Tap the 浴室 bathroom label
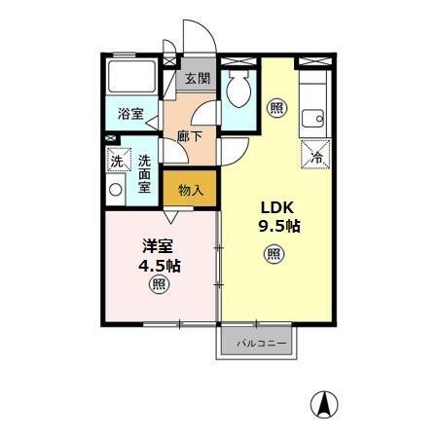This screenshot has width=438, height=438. pyautogui.click(x=130, y=114)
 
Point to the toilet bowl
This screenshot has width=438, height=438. pyautogui.click(x=237, y=92)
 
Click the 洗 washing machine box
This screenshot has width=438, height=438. pyautogui.click(x=117, y=162)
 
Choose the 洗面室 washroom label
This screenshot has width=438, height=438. pyautogui.click(x=144, y=173)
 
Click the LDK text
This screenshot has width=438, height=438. pyautogui.click(x=275, y=207)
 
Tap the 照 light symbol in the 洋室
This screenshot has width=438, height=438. pyautogui.click(x=158, y=285)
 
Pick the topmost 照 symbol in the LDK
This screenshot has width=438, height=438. pyautogui.click(x=277, y=108)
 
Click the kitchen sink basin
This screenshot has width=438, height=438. pyautogui.click(x=313, y=120)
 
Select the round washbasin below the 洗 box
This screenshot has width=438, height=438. pyautogui.click(x=116, y=189)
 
